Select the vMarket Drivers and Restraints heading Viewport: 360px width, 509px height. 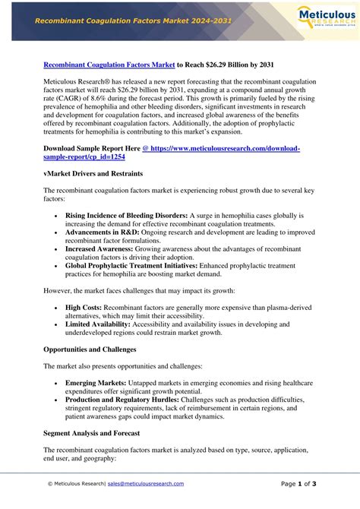coord(92,174)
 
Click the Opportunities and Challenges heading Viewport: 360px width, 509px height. coord(90,349)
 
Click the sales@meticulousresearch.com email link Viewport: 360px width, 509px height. coord(146,483)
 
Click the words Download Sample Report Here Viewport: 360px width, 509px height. coord(92,148)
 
